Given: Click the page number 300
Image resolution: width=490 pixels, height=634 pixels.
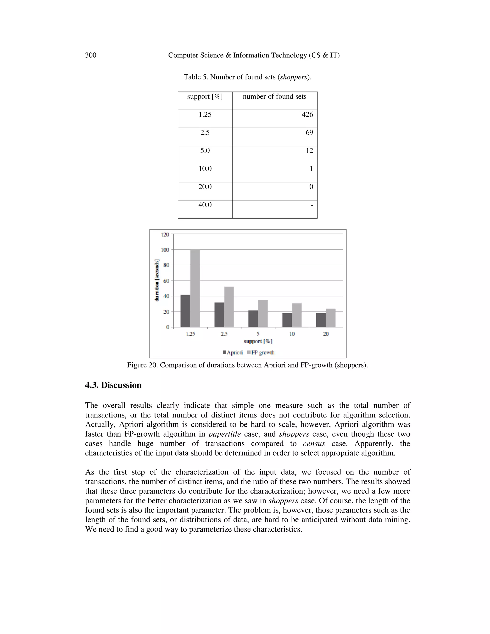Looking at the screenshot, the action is pyautogui.click(x=91, y=55).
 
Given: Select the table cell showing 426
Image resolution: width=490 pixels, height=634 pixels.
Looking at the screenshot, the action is pyautogui.click(x=307, y=115).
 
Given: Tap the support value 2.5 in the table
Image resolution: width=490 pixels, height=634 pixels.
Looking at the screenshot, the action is pyautogui.click(x=205, y=133).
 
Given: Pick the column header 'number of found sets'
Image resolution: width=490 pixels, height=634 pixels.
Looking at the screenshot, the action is pyautogui.click(x=274, y=97).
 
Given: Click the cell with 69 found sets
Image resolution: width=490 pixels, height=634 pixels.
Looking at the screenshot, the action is pyautogui.click(x=309, y=133).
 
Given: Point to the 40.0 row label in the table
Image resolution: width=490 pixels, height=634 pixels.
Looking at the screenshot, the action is pyautogui.click(x=205, y=205).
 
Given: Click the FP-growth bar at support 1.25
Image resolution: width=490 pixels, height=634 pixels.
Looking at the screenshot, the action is pyautogui.click(x=195, y=288).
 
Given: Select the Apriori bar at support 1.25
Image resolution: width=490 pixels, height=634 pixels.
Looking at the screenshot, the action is pyautogui.click(x=185, y=311).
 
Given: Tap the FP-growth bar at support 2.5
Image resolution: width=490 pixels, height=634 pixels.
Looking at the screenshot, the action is pyautogui.click(x=229, y=307).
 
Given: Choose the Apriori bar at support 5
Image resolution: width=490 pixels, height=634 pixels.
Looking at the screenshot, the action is pyautogui.click(x=253, y=319).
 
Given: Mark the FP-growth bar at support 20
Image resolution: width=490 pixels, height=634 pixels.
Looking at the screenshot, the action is pyautogui.click(x=331, y=318).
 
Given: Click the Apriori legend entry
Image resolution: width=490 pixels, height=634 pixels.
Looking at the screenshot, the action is pyautogui.click(x=233, y=352).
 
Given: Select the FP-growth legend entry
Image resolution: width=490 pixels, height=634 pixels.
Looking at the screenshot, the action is pyautogui.click(x=261, y=352).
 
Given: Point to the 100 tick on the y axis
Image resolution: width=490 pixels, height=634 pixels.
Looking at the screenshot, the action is pyautogui.click(x=165, y=250).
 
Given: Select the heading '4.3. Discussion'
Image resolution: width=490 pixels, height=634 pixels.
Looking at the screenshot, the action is pyautogui.click(x=113, y=385).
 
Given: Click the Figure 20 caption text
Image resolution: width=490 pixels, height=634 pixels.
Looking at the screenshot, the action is pyautogui.click(x=247, y=365).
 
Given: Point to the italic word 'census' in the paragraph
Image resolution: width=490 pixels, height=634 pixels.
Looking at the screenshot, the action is pyautogui.click(x=314, y=444).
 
